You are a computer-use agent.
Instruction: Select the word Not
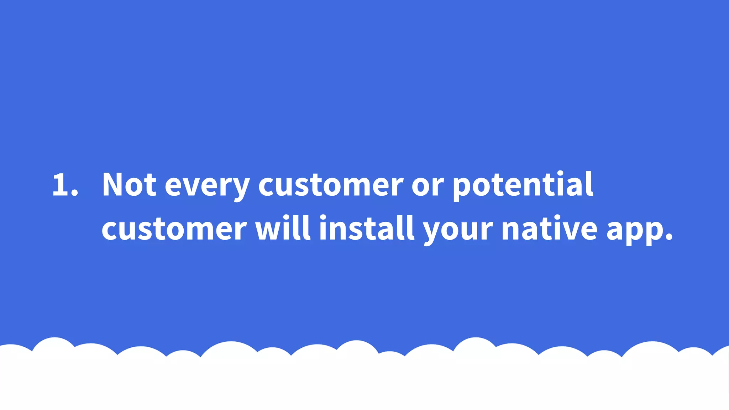tap(129, 184)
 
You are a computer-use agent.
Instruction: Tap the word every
tap(207, 187)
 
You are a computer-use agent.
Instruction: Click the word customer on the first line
tap(331, 185)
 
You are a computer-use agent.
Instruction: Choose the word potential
tap(523, 185)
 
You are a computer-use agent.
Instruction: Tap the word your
tap(458, 231)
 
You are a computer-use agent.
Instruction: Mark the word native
tap(549, 228)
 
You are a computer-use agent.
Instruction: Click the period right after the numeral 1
tap(74, 194)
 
